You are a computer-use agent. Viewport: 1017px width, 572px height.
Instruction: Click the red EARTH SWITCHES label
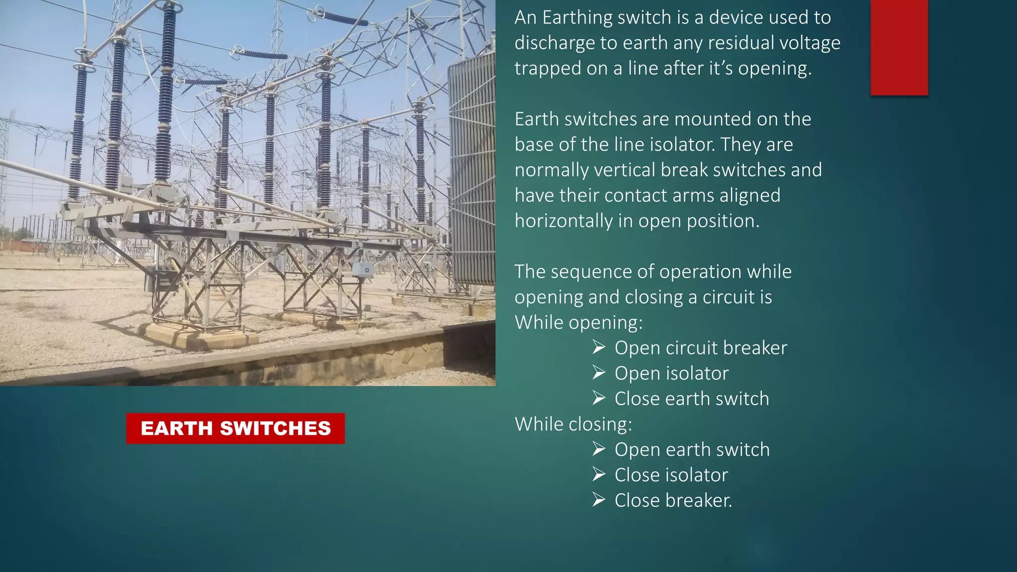tap(235, 429)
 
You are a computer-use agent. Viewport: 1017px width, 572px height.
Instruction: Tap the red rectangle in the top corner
tap(899, 47)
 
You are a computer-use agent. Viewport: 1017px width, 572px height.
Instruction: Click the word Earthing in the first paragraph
tap(578, 18)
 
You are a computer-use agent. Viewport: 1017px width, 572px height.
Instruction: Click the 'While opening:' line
tap(579, 323)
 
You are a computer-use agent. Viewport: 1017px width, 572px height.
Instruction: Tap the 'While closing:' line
tap(573, 425)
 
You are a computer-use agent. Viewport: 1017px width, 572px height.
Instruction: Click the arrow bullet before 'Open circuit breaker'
tap(599, 348)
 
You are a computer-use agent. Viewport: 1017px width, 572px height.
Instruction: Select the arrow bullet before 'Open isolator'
tap(599, 373)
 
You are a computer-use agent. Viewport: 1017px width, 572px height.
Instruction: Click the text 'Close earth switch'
tap(692, 399)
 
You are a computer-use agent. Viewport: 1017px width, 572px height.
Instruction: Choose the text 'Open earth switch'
tap(692, 450)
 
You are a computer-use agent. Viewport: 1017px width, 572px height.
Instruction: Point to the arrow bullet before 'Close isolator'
tap(599, 475)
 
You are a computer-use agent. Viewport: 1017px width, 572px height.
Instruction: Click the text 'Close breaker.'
tap(673, 500)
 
